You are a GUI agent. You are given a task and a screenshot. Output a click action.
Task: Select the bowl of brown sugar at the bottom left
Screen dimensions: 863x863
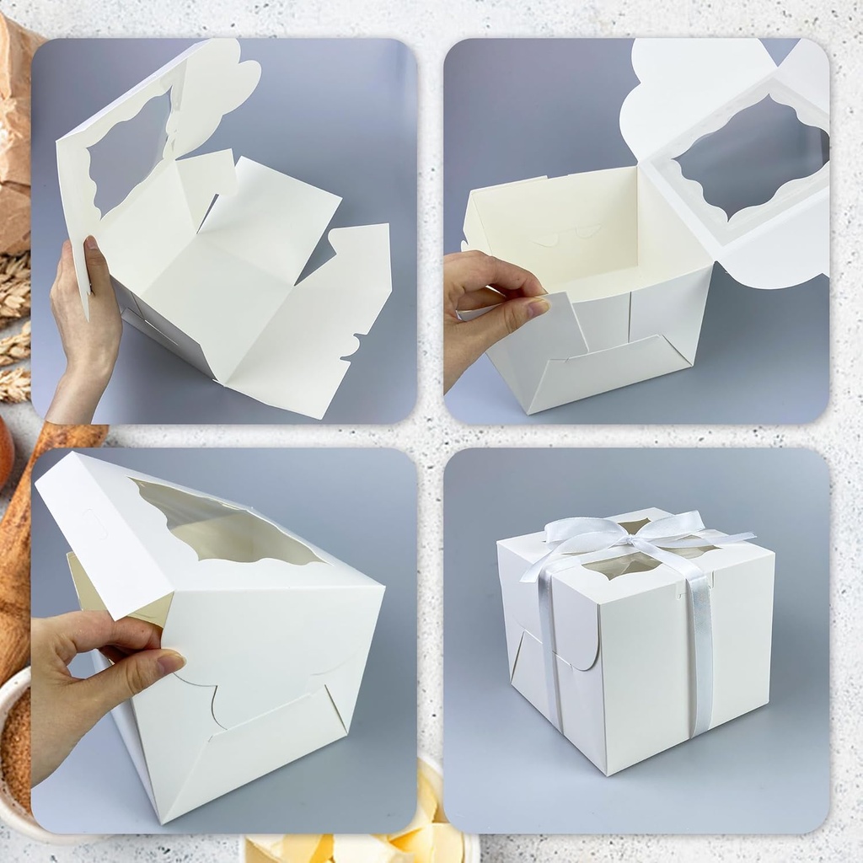point(15,742)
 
